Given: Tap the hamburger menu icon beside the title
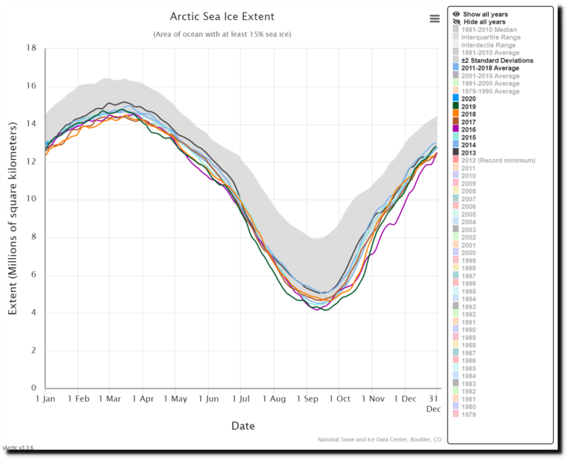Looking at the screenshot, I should coord(434,19).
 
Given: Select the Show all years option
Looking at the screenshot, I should coord(484,14).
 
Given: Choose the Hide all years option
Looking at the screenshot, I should coord(484,21).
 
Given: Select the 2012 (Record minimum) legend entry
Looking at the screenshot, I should coord(496,160).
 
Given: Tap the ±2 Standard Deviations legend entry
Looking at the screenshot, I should coord(497,60).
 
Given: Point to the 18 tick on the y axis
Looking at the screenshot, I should coord(32,48).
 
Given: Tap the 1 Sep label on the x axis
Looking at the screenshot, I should coord(307,399).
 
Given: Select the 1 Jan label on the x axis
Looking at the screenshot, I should coord(46,399).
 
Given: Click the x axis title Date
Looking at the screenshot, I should coord(243,426).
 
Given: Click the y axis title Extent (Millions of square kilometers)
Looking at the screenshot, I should coord(13,219).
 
